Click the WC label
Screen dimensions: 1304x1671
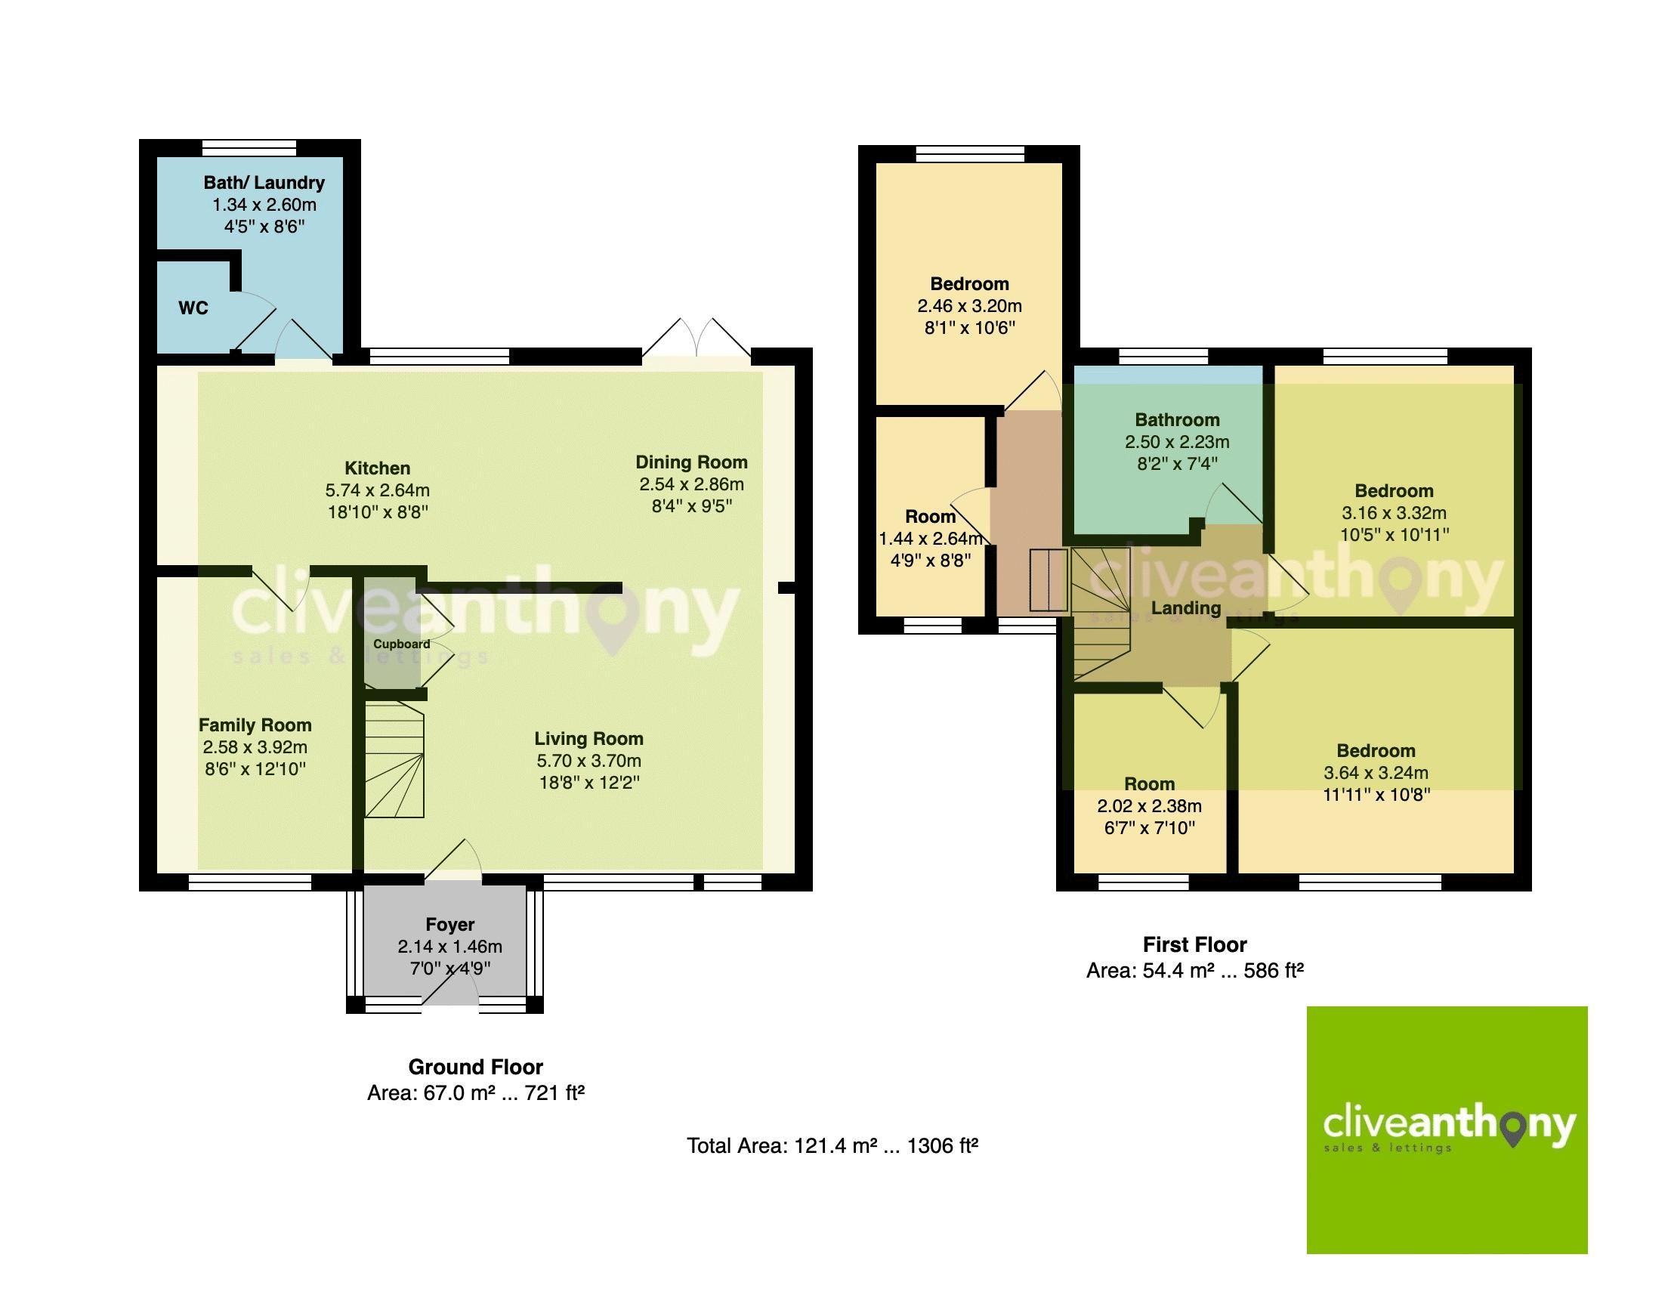tap(193, 307)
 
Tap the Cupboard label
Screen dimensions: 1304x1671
tap(401, 644)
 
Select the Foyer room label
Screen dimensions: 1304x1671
tap(450, 925)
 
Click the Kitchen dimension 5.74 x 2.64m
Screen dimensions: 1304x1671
tap(377, 490)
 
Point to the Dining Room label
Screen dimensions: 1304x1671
tap(691, 462)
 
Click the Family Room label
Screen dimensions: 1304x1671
tap(255, 725)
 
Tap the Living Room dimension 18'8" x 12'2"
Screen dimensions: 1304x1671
tap(588, 782)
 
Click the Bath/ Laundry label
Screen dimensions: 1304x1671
tap(264, 182)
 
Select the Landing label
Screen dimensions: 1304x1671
tap(1186, 607)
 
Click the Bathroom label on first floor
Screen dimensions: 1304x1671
tap(1177, 419)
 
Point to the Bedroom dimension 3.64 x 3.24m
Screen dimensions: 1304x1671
tap(1376, 772)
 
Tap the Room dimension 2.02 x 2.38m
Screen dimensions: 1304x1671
tap(1149, 806)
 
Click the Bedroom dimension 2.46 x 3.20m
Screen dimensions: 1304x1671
tap(969, 306)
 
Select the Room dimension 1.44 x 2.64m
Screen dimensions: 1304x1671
tap(931, 539)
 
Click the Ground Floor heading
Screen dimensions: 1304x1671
tap(475, 1067)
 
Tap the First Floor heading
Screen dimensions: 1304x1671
tap(1194, 944)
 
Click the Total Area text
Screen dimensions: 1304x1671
tap(832, 1145)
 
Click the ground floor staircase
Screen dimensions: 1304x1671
tap(394, 761)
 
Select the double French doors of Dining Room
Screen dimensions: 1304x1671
tap(697, 341)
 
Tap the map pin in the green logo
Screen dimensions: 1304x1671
tap(1513, 1131)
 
